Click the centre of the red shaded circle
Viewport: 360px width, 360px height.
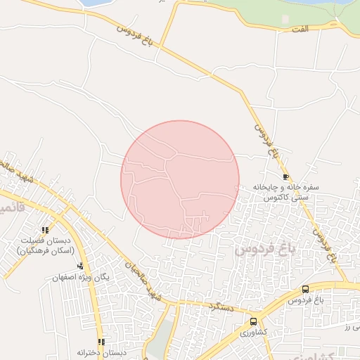[x=180, y=179]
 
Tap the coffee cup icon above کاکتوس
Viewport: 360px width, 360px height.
[x=285, y=176]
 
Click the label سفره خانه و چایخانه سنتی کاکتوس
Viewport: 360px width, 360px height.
[x=286, y=193]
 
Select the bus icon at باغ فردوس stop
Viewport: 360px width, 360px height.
[x=305, y=290]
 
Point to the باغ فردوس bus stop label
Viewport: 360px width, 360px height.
[x=305, y=301]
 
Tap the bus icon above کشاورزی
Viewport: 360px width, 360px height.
[x=253, y=321]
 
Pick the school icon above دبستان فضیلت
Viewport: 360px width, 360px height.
[x=46, y=230]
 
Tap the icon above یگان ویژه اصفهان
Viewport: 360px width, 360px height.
[x=81, y=266]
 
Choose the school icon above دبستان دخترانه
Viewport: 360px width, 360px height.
[x=101, y=342]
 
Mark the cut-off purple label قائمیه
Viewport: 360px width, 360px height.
[x=10, y=210]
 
